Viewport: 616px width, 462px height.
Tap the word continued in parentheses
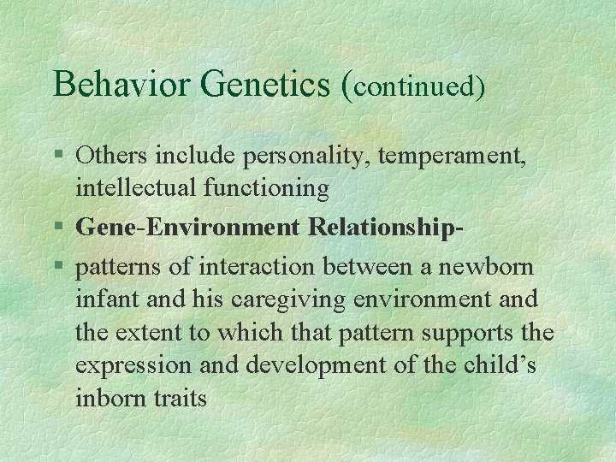coord(415,86)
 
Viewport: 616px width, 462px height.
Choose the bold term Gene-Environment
coord(188,228)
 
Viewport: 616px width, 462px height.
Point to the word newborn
coord(486,268)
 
